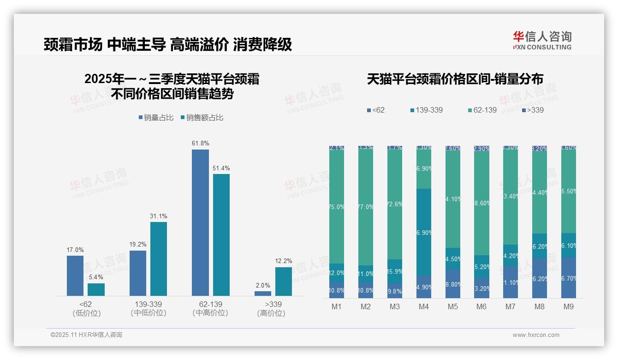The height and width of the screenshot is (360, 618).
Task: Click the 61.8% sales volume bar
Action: (x=200, y=222)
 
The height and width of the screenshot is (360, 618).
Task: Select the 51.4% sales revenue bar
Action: (x=221, y=234)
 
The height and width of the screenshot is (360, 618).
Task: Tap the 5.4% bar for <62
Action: (x=96, y=289)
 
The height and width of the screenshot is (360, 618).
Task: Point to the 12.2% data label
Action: (x=284, y=261)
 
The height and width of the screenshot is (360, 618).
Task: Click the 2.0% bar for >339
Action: (x=263, y=293)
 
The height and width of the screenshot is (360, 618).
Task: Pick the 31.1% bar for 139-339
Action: (x=159, y=258)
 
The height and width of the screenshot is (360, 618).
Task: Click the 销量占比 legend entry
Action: (x=156, y=118)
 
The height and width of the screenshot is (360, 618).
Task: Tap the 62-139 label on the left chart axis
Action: (x=210, y=304)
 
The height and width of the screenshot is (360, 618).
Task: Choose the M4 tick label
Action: (x=424, y=306)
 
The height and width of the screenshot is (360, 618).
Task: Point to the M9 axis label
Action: (x=568, y=306)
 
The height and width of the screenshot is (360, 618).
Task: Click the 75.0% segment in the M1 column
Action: (x=337, y=207)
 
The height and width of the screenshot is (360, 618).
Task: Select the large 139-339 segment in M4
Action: (x=424, y=232)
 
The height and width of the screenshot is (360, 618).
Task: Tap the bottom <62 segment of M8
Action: (x=540, y=278)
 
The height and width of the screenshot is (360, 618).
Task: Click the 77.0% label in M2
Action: (x=366, y=207)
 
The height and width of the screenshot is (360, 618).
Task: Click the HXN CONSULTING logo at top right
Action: (x=542, y=40)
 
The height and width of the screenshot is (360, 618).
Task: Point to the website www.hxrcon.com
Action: (x=536, y=335)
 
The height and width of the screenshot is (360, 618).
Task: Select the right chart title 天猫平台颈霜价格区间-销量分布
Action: (x=455, y=79)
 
